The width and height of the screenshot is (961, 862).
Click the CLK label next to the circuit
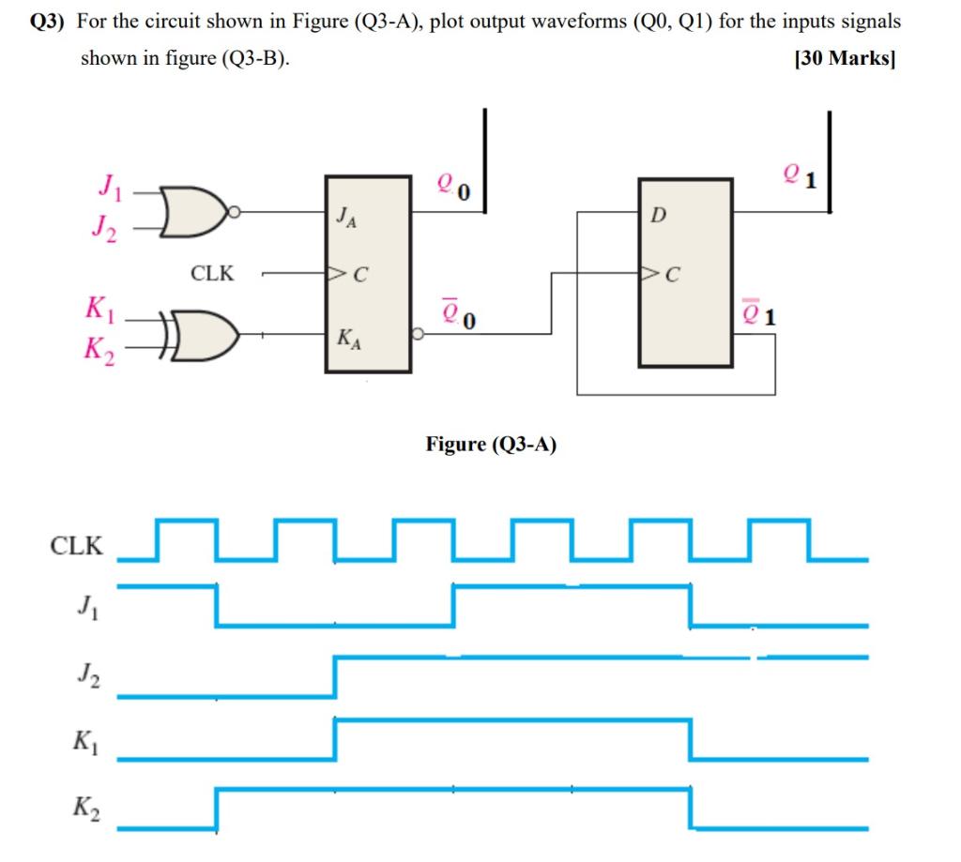212,274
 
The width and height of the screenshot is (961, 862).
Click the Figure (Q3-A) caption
491,445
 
